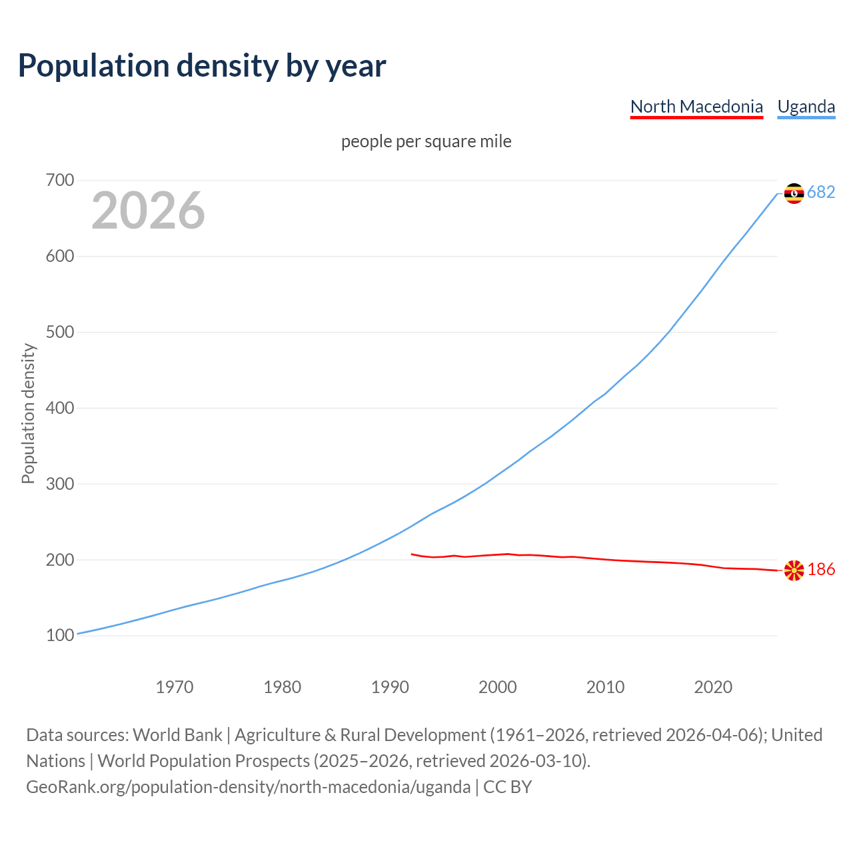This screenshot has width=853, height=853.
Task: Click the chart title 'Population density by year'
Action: [x=202, y=66]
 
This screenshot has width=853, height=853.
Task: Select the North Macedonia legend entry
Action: [x=696, y=107]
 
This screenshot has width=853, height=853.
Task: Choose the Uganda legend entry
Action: [x=806, y=107]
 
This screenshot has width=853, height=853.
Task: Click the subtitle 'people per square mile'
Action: [x=426, y=141]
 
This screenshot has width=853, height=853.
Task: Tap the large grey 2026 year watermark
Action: [x=148, y=211]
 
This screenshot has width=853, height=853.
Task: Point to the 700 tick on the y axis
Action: [x=60, y=181]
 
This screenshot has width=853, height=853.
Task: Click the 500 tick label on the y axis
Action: [x=60, y=333]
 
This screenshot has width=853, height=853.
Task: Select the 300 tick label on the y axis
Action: [x=60, y=484]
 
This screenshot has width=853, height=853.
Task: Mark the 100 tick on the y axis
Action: [x=60, y=636]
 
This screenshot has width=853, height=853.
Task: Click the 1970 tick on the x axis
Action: [x=175, y=687]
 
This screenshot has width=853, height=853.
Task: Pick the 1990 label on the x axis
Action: [x=390, y=687]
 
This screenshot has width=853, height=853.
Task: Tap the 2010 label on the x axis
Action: [x=605, y=687]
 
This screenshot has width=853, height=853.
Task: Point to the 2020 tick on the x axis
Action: [x=713, y=687]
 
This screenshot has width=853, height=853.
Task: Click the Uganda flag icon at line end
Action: [x=794, y=193]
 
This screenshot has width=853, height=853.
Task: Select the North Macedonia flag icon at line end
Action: [x=794, y=570]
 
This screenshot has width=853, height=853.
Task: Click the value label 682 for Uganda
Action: [x=821, y=193]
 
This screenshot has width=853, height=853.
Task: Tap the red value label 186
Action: [x=821, y=570]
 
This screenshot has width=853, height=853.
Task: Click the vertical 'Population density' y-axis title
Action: [x=28, y=413]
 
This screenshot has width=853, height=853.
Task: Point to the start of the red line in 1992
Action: [x=412, y=554]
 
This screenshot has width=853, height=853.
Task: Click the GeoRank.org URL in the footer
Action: [x=248, y=787]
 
